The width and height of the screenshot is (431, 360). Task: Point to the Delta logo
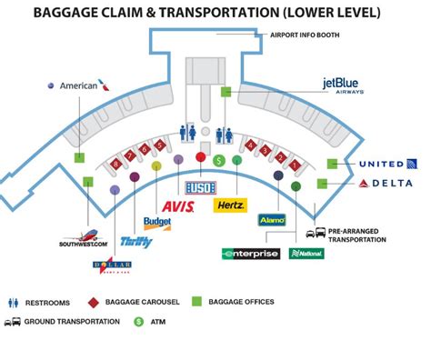pos(386,184)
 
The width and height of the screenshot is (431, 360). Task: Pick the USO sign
pos(198,187)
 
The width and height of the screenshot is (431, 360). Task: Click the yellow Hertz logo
pos(231,205)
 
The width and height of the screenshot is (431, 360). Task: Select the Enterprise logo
pos(250,254)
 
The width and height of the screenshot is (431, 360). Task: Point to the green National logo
pos(306,254)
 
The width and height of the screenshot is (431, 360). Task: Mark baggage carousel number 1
pos(296,163)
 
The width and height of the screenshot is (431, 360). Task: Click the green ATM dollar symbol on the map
pos(218,160)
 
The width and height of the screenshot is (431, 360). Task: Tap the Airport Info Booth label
pos(306,35)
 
